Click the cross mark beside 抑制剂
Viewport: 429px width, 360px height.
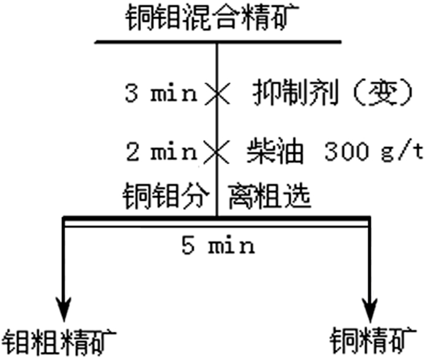tap(216, 94)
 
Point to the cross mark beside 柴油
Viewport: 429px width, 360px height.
tap(216, 151)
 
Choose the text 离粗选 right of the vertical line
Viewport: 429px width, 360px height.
tap(269, 197)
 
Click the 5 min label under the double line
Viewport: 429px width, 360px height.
tap(218, 247)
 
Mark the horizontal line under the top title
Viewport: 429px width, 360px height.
tap(218, 43)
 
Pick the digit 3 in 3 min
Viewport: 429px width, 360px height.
tap(131, 95)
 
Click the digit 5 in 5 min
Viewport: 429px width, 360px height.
tap(188, 247)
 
